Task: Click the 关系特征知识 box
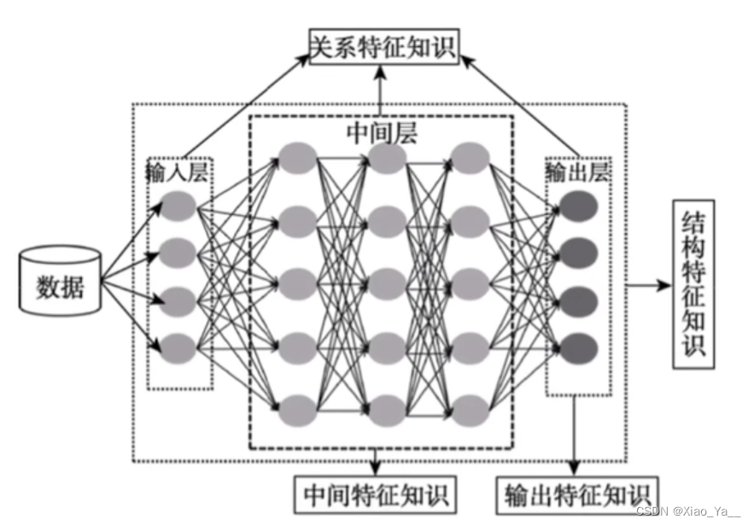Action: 383,46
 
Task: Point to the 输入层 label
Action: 178,173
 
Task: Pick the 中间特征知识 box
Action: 375,493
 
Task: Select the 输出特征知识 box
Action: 577,494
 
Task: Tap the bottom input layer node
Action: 178,347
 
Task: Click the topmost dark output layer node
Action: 577,206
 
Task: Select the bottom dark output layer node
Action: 577,347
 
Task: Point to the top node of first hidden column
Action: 298,158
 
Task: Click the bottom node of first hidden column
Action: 298,407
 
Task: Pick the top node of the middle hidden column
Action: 386,158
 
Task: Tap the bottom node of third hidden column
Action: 471,407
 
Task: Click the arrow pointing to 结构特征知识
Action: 650,284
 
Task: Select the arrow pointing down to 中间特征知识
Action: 375,461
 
